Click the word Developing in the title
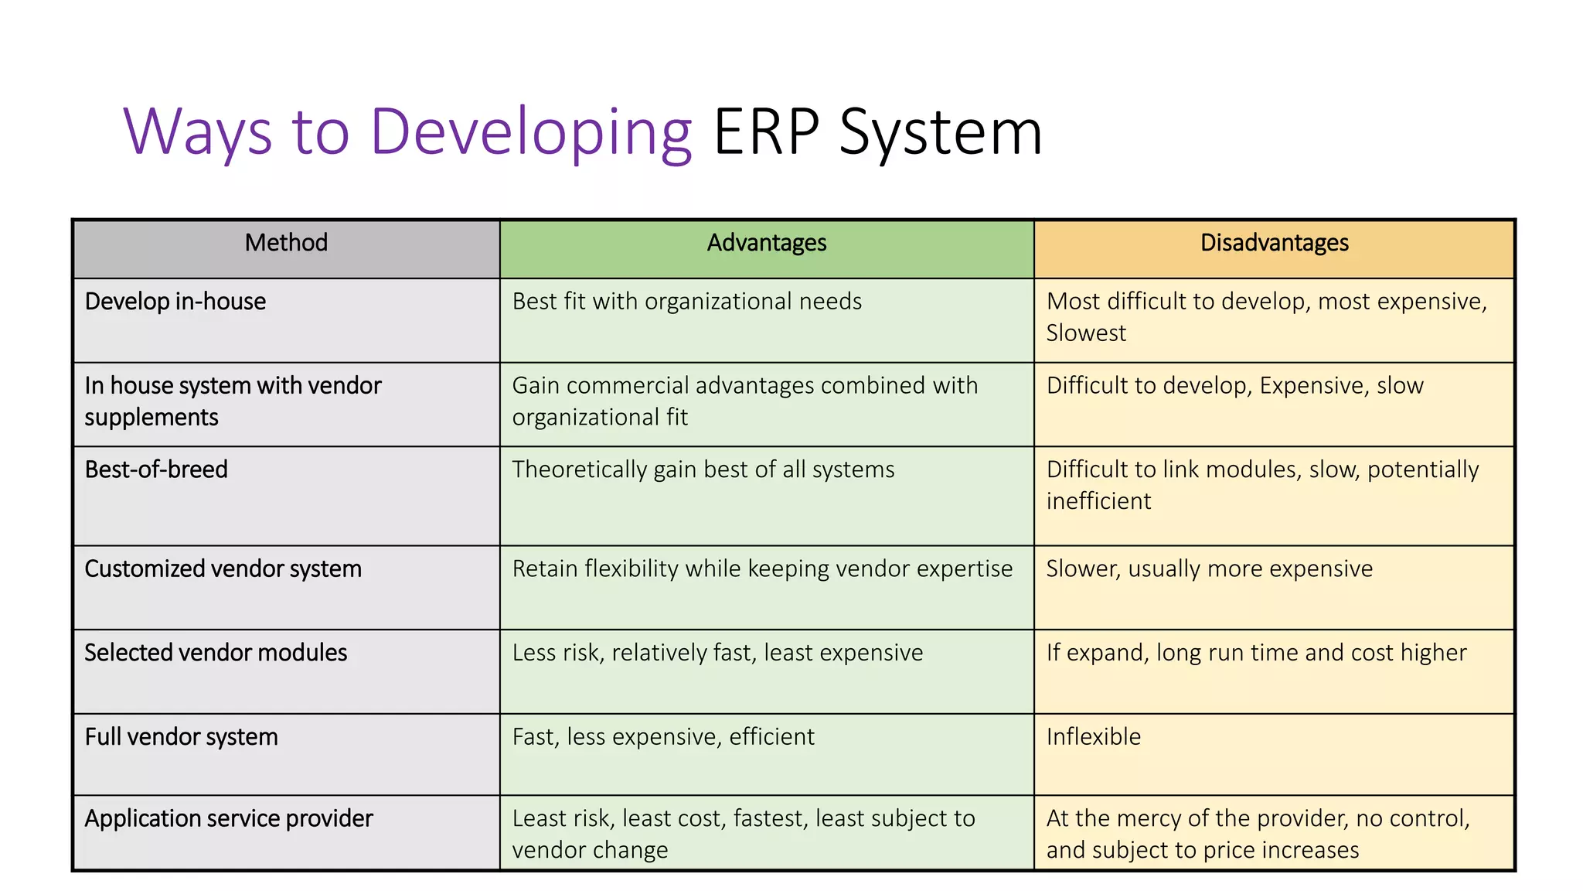[x=530, y=133]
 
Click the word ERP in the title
[x=765, y=133]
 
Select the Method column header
[x=286, y=243]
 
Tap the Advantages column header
[x=766, y=243]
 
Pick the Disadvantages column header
[x=1274, y=243]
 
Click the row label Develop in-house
[x=175, y=302]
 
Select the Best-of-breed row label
[x=156, y=469]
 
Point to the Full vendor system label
[x=181, y=737]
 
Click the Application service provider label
[x=229, y=818]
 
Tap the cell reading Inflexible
[x=1093, y=737]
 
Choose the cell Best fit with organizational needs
[x=686, y=302]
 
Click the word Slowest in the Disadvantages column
[x=1086, y=333]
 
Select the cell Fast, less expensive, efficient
[x=663, y=737]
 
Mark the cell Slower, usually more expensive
[x=1209, y=569]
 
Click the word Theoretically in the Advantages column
[x=579, y=469]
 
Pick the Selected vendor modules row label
[x=216, y=653]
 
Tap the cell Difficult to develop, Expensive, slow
[x=1234, y=386]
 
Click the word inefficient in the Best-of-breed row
[x=1098, y=501]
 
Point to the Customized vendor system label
[x=223, y=569]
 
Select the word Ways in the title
[x=197, y=133]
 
